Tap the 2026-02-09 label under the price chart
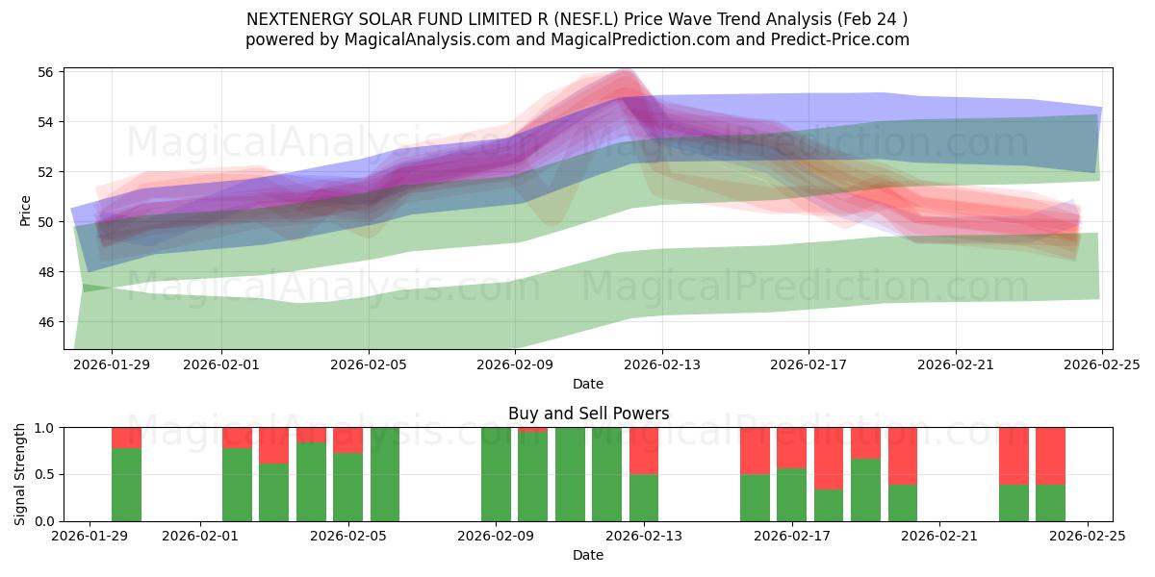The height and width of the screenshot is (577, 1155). pyautogui.click(x=515, y=364)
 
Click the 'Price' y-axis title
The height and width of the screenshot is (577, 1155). pyautogui.click(x=25, y=210)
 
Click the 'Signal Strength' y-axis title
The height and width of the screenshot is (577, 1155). pyautogui.click(x=20, y=474)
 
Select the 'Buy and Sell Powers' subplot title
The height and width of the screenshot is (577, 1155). pyautogui.click(x=588, y=414)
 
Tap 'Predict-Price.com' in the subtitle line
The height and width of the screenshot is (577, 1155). pyautogui.click(x=835, y=39)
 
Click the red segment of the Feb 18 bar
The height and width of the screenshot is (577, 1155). pyautogui.click(x=829, y=458)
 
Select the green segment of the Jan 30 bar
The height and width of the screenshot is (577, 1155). pyautogui.click(x=126, y=485)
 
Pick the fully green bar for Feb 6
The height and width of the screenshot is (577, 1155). pyautogui.click(x=385, y=474)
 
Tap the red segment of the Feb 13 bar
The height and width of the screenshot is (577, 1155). pyautogui.click(x=644, y=450)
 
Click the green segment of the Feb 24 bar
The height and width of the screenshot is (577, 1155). pyautogui.click(x=1050, y=503)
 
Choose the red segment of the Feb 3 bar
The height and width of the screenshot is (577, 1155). pyautogui.click(x=274, y=445)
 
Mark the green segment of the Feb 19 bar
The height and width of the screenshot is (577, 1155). pyautogui.click(x=865, y=489)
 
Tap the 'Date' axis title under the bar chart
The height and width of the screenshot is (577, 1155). pyautogui.click(x=588, y=555)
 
